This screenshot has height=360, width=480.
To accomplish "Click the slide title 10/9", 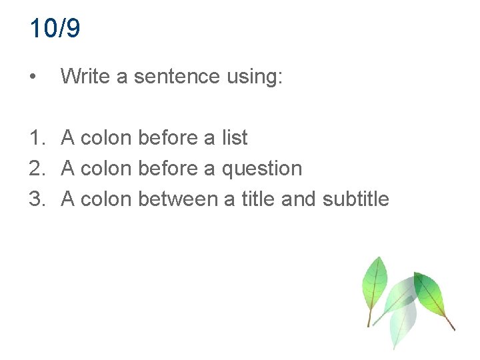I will pos(55,29).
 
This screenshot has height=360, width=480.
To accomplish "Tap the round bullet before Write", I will pos(33,77).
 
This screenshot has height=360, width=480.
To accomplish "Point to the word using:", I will pos(255,77).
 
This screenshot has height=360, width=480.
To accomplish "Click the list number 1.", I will pos(36,138).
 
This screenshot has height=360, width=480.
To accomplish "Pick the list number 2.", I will pos(36,169).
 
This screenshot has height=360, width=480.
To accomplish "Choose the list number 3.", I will pos(36,199).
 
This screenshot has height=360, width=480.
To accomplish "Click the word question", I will pos(261,169).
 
